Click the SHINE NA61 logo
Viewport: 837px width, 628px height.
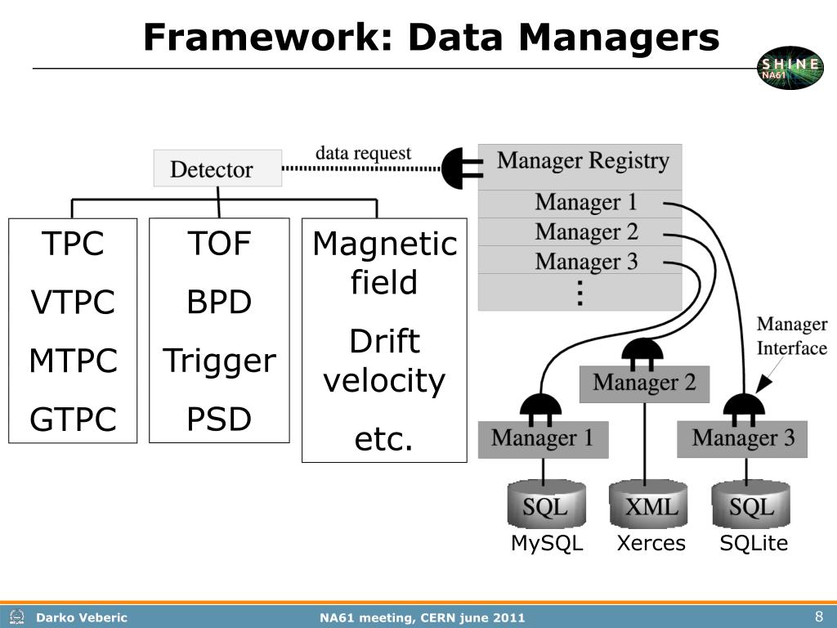point(790,68)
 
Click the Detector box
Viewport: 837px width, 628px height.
point(217,168)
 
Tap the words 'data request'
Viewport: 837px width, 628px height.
point(363,153)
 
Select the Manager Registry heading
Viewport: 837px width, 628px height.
point(582,161)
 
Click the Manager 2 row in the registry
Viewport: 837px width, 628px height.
point(580,231)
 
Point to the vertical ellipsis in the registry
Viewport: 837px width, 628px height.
point(580,293)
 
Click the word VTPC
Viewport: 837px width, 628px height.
point(73,302)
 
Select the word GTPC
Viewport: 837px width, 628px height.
point(73,419)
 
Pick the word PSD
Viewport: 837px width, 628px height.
point(219,419)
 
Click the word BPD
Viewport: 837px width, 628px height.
point(219,302)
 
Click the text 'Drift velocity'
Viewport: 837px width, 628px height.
point(384,361)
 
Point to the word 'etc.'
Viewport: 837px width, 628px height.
point(384,439)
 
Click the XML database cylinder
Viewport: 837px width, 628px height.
point(648,503)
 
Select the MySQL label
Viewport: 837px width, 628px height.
point(547,543)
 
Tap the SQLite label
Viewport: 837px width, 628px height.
point(754,543)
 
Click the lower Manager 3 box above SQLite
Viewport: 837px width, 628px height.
point(742,439)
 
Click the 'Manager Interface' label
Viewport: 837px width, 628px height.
point(791,336)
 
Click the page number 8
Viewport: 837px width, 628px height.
point(819,617)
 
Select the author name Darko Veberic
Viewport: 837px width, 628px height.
point(81,618)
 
